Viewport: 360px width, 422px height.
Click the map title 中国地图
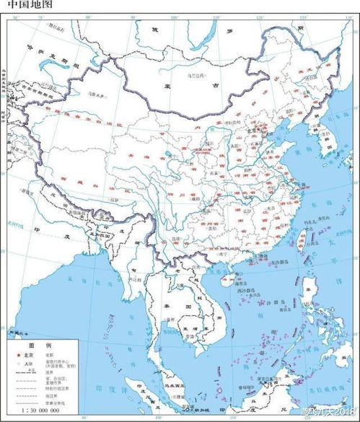[x=25, y=6]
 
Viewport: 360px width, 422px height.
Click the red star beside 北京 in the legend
[x=10, y=355]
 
